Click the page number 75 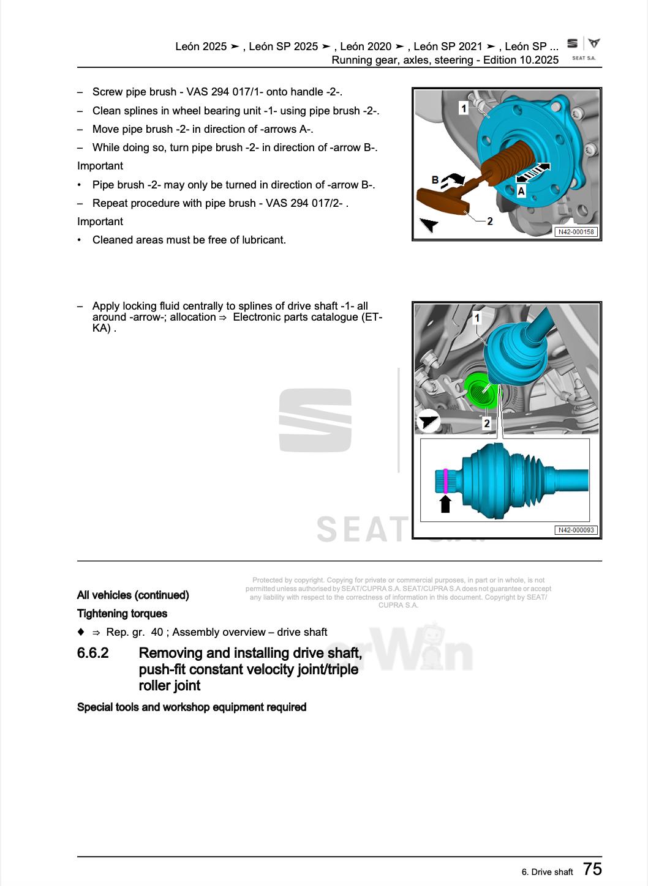tap(592, 869)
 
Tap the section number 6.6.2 tap(93, 653)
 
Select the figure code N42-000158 tap(576, 232)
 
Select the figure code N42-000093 tap(576, 530)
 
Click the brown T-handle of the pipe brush tap(442, 199)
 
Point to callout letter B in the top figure tap(435, 180)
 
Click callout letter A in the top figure tap(521, 191)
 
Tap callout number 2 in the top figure tap(490, 221)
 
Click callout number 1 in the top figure tap(464, 108)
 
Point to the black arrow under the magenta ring tap(445, 504)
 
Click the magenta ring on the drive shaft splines tap(445, 480)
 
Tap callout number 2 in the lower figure tap(487, 423)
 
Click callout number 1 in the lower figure tap(478, 318)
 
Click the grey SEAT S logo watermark tap(315, 420)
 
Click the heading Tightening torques tap(122, 613)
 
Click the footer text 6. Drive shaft tap(547, 872)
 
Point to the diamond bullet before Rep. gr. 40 tap(81, 631)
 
